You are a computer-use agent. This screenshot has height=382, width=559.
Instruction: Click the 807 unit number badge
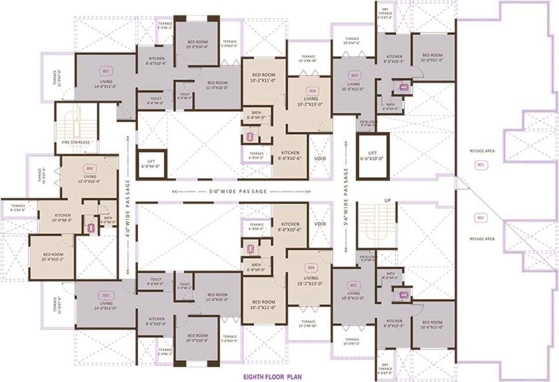[x=105, y=70]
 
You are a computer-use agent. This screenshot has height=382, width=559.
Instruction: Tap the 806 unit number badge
[x=90, y=168]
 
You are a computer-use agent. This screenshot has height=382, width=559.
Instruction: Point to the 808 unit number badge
[x=313, y=91]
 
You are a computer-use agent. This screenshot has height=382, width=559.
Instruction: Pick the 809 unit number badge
[x=354, y=76]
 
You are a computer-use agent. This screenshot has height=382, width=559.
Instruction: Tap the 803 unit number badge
[x=353, y=285]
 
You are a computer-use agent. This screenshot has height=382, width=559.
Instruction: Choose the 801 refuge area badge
[x=480, y=164]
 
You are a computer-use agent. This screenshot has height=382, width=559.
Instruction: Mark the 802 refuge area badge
[x=480, y=218]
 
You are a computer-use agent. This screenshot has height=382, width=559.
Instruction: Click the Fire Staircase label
[x=76, y=142]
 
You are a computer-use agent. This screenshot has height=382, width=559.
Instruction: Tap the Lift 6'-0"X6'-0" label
[x=151, y=164]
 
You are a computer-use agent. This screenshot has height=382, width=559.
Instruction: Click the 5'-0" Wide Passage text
[x=241, y=191]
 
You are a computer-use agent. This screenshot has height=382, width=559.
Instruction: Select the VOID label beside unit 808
[x=320, y=159]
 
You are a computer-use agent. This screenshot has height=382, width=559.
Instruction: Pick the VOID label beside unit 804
[x=320, y=224]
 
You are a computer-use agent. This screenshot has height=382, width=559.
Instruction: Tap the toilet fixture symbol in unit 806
[x=91, y=228]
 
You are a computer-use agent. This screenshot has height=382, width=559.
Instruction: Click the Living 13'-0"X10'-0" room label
[x=90, y=179]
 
